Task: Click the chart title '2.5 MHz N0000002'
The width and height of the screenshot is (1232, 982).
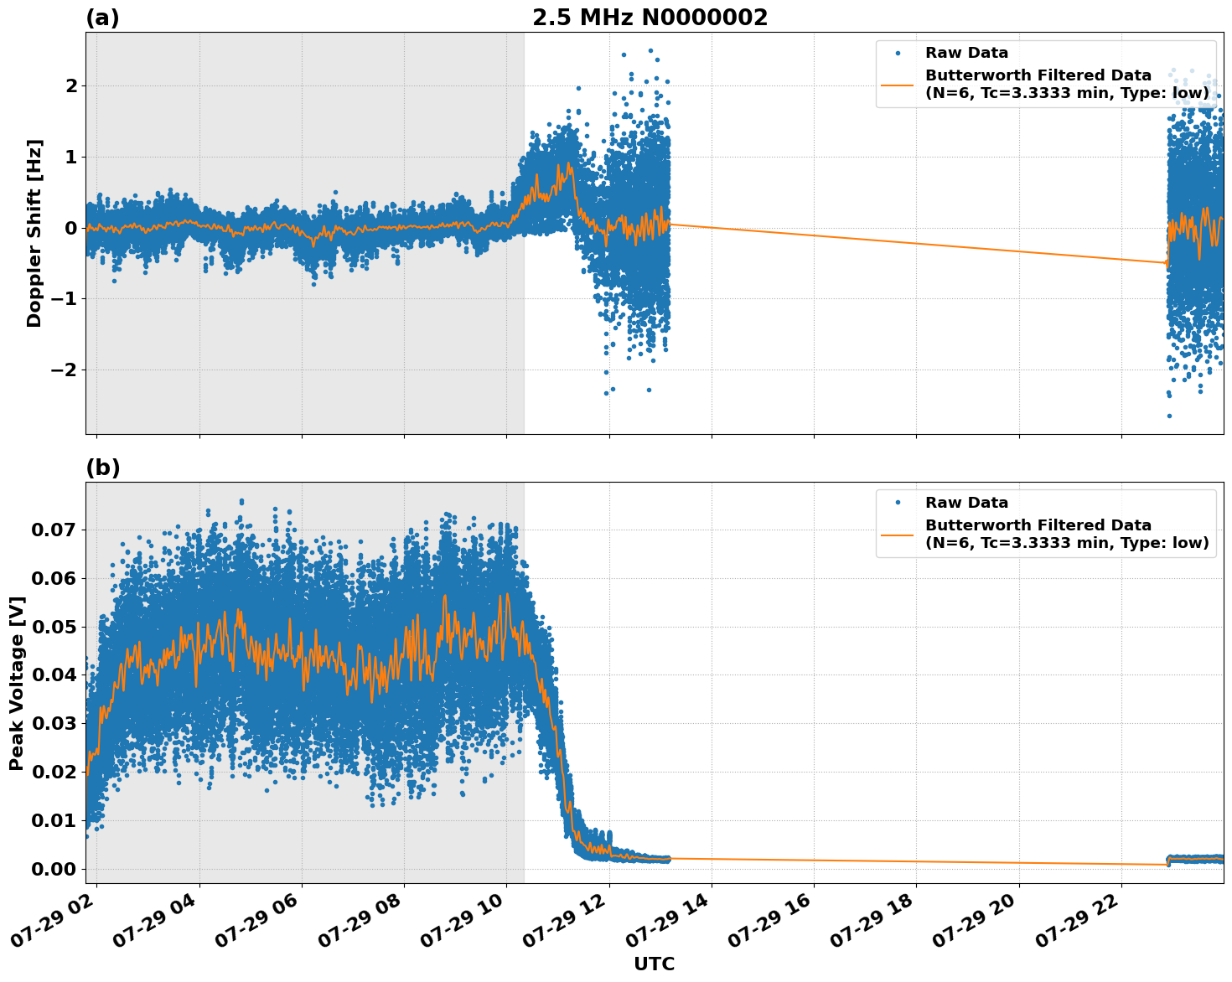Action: coord(650,18)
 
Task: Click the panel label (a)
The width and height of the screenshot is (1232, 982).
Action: coord(102,18)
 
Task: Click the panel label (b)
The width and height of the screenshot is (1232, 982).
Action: coord(102,468)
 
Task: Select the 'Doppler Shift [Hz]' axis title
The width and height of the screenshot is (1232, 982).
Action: coord(34,233)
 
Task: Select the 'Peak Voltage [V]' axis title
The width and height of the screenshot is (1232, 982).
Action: coord(17,683)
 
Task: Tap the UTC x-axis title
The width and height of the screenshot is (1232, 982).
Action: coord(654,964)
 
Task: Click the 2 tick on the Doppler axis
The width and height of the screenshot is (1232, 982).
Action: coord(71,85)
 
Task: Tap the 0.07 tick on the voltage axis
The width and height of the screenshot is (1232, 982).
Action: coord(54,530)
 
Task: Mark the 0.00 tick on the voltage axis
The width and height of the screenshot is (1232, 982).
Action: coord(54,869)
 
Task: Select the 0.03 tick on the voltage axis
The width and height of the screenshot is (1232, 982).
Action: coord(54,723)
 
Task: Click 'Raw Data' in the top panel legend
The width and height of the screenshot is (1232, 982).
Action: coord(966,53)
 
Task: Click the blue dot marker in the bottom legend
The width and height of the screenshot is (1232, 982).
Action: coord(898,503)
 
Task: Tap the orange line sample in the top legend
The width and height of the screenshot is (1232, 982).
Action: coord(898,84)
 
